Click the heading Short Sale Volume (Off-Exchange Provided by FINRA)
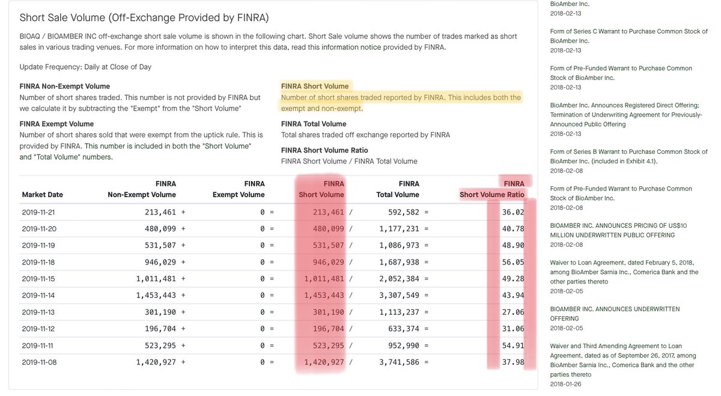point(144,18)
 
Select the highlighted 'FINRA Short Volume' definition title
point(314,87)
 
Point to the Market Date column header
point(42,195)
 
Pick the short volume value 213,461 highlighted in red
point(324,212)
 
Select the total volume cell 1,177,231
point(398,229)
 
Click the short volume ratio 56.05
point(513,262)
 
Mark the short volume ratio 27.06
point(513,312)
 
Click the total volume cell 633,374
point(403,329)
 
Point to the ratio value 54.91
point(513,346)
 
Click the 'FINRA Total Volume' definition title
point(314,124)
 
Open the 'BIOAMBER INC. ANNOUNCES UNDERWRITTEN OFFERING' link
point(615,314)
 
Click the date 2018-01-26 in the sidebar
point(565,384)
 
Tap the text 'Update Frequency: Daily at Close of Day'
point(86,67)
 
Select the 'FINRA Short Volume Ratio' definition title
point(324,150)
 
